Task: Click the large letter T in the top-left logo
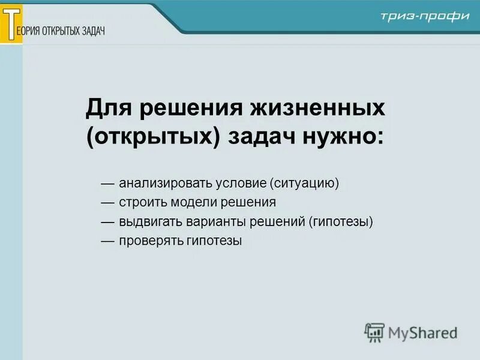tap(11, 22)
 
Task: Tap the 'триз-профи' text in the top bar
tap(424, 16)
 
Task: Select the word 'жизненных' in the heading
tap(323, 109)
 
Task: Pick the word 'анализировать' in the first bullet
tap(156, 182)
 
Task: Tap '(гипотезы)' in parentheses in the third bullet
tap(341, 222)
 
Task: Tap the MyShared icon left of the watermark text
tap(374, 331)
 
